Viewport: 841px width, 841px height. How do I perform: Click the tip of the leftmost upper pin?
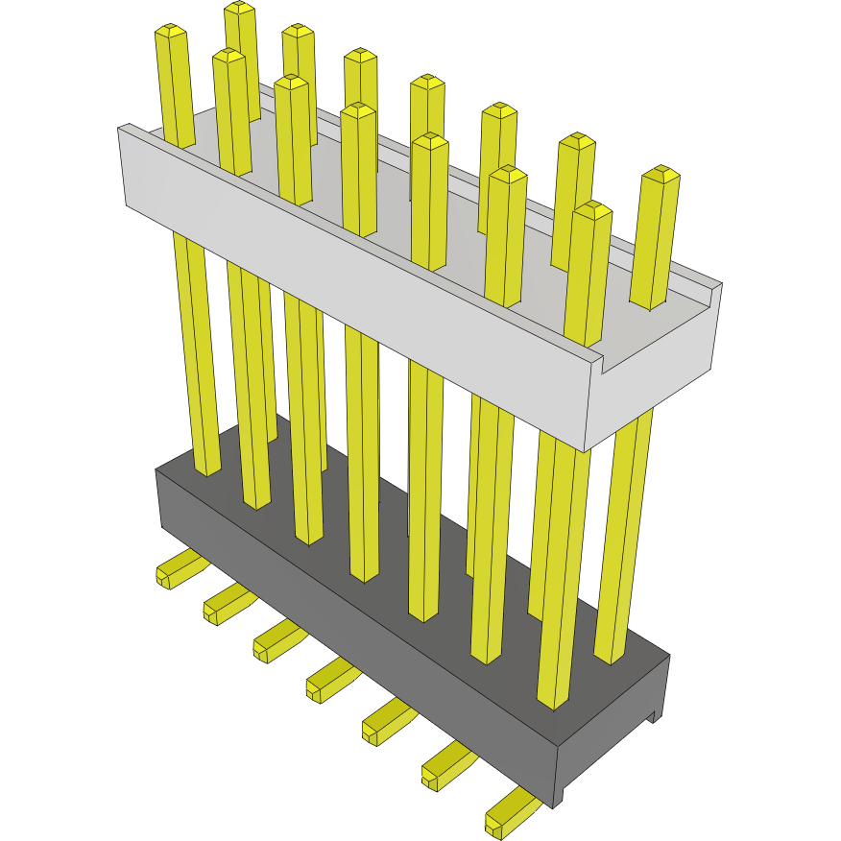(169, 31)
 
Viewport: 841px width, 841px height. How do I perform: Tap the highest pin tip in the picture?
(239, 8)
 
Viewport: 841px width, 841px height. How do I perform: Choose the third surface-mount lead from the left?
(274, 642)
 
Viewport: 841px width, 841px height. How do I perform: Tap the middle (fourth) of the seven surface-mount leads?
(326, 681)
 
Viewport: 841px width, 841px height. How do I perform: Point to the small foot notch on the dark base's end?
(656, 715)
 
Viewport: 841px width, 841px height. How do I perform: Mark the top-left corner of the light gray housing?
(119, 128)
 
